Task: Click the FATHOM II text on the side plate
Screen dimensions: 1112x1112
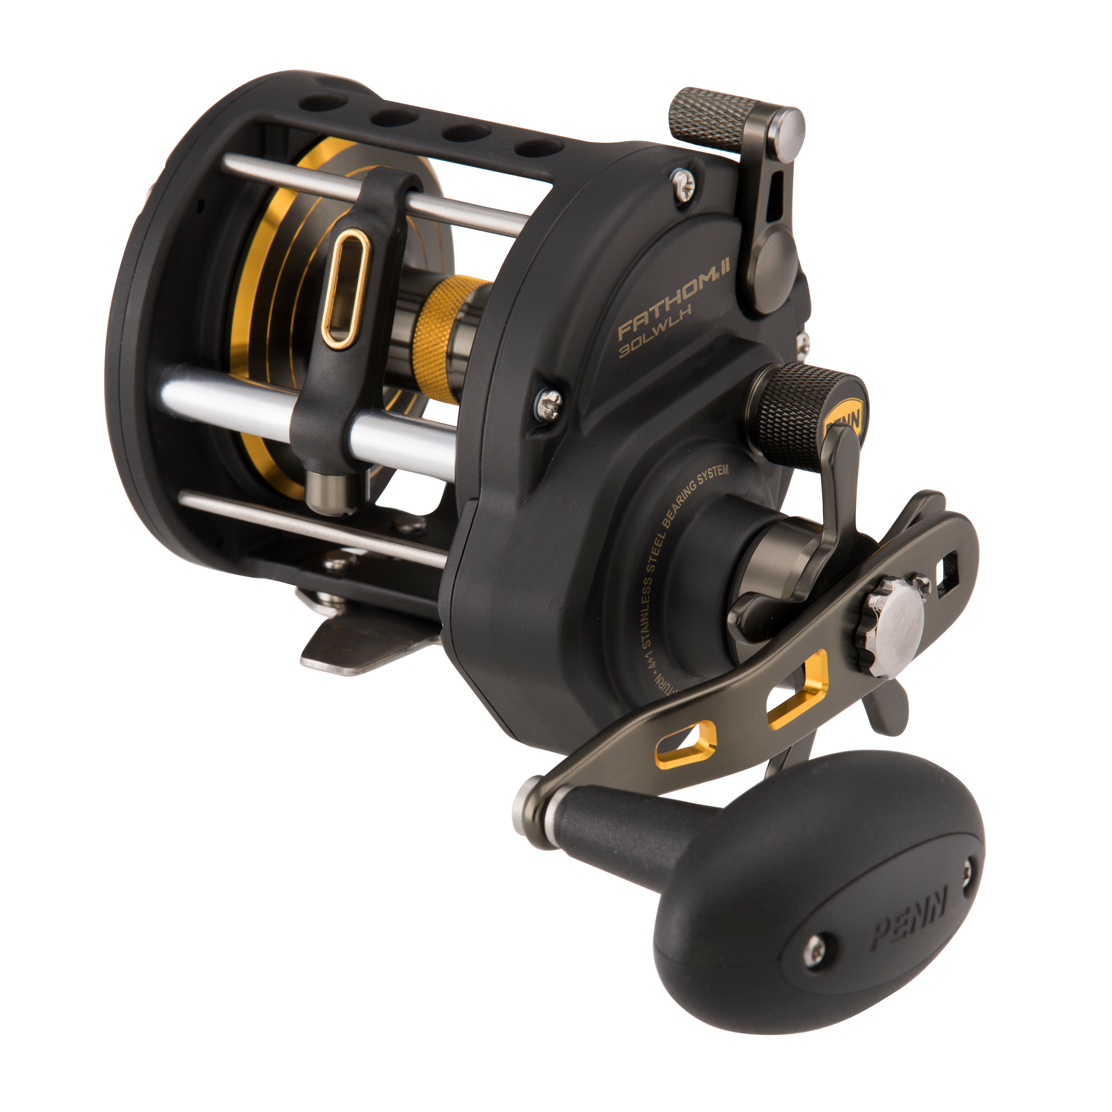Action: coord(674,306)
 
